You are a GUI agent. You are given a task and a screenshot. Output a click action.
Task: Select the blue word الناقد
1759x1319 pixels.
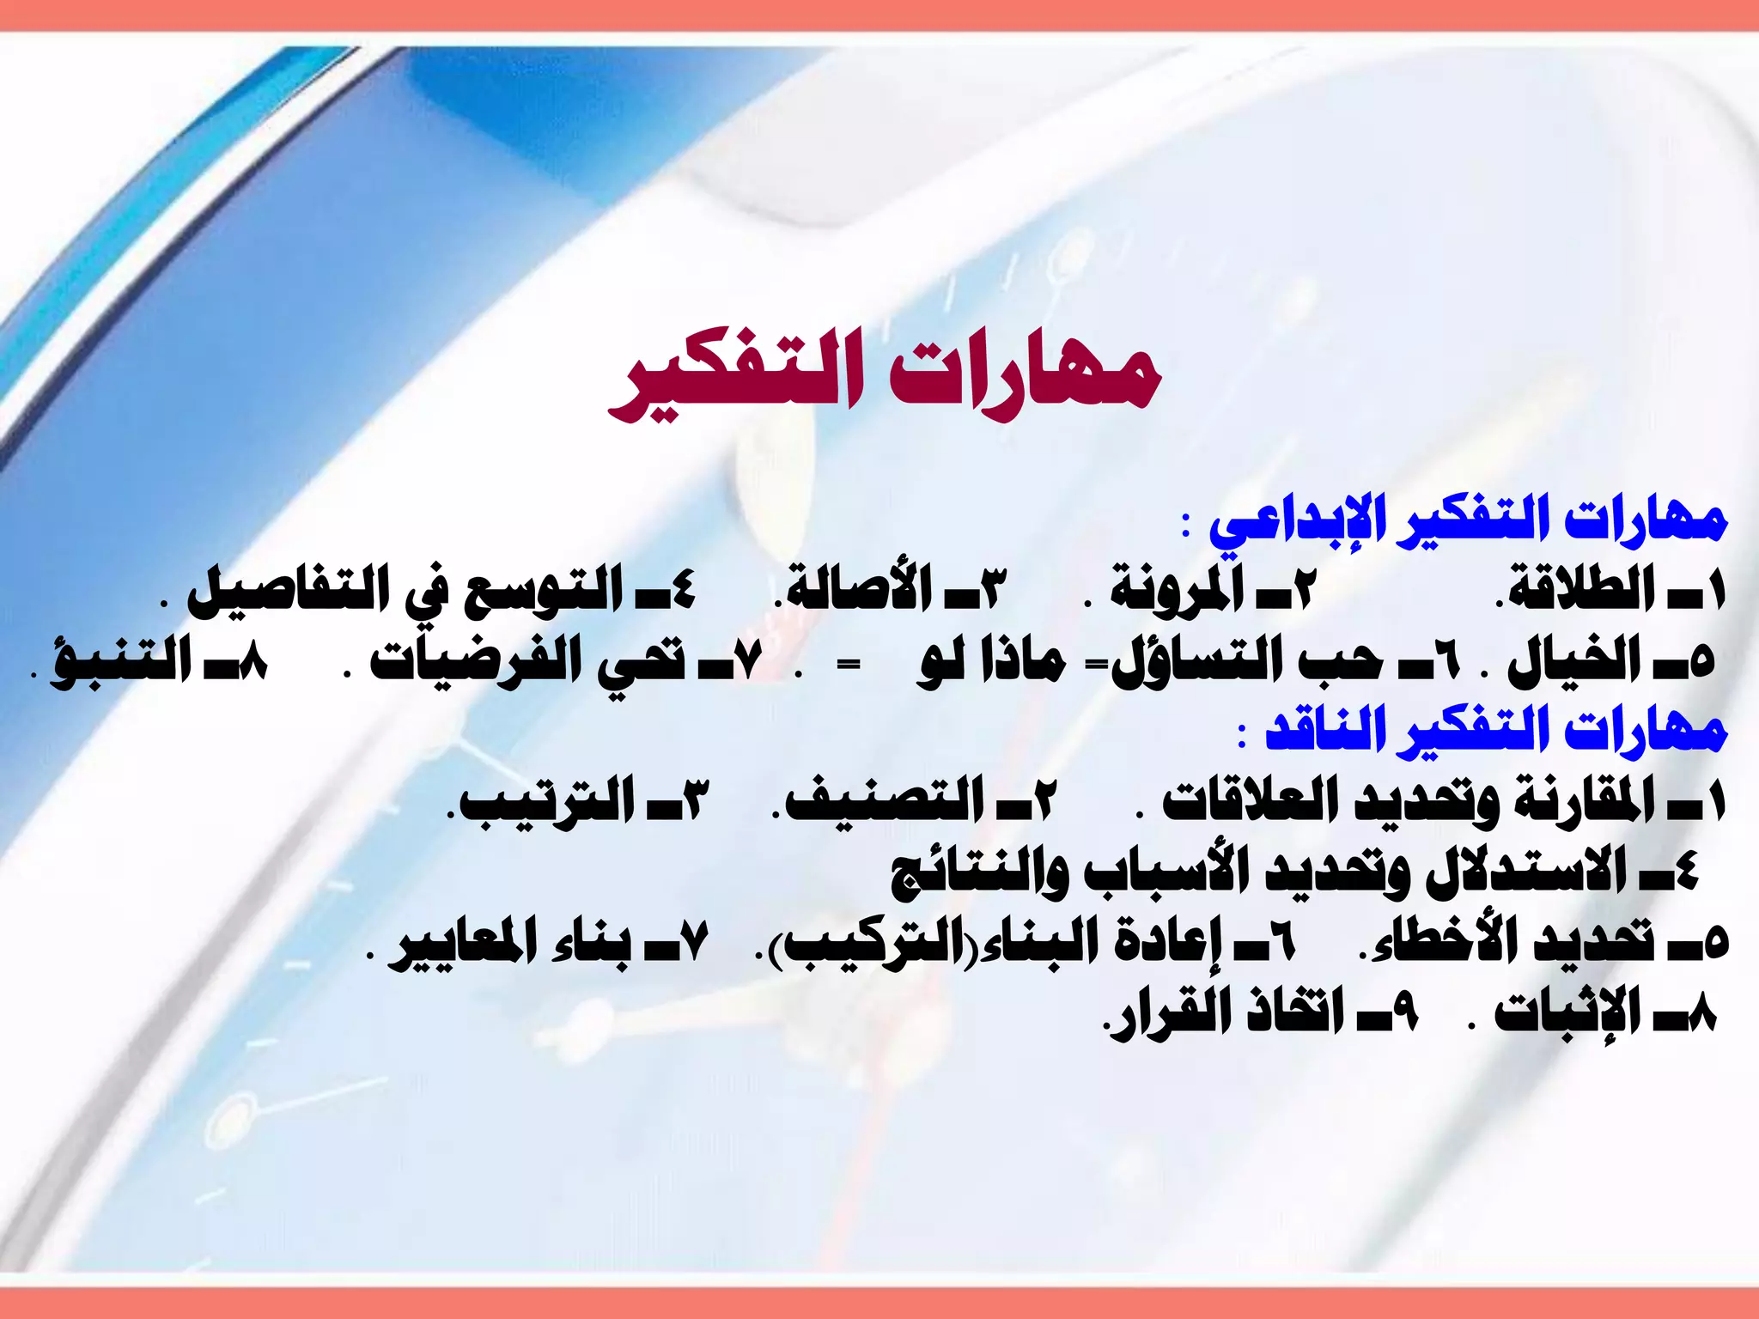(x=1326, y=732)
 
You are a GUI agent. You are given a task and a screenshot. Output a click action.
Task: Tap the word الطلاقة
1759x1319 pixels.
(x=1580, y=591)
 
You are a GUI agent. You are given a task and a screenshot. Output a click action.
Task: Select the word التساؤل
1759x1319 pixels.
(x=1202, y=661)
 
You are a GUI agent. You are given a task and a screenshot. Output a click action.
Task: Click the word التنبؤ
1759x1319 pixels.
(x=120, y=661)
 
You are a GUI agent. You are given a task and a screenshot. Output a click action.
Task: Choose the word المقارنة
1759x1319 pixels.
(x=1580, y=803)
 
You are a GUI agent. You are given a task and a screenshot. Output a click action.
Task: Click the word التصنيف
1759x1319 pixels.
(x=885, y=803)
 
